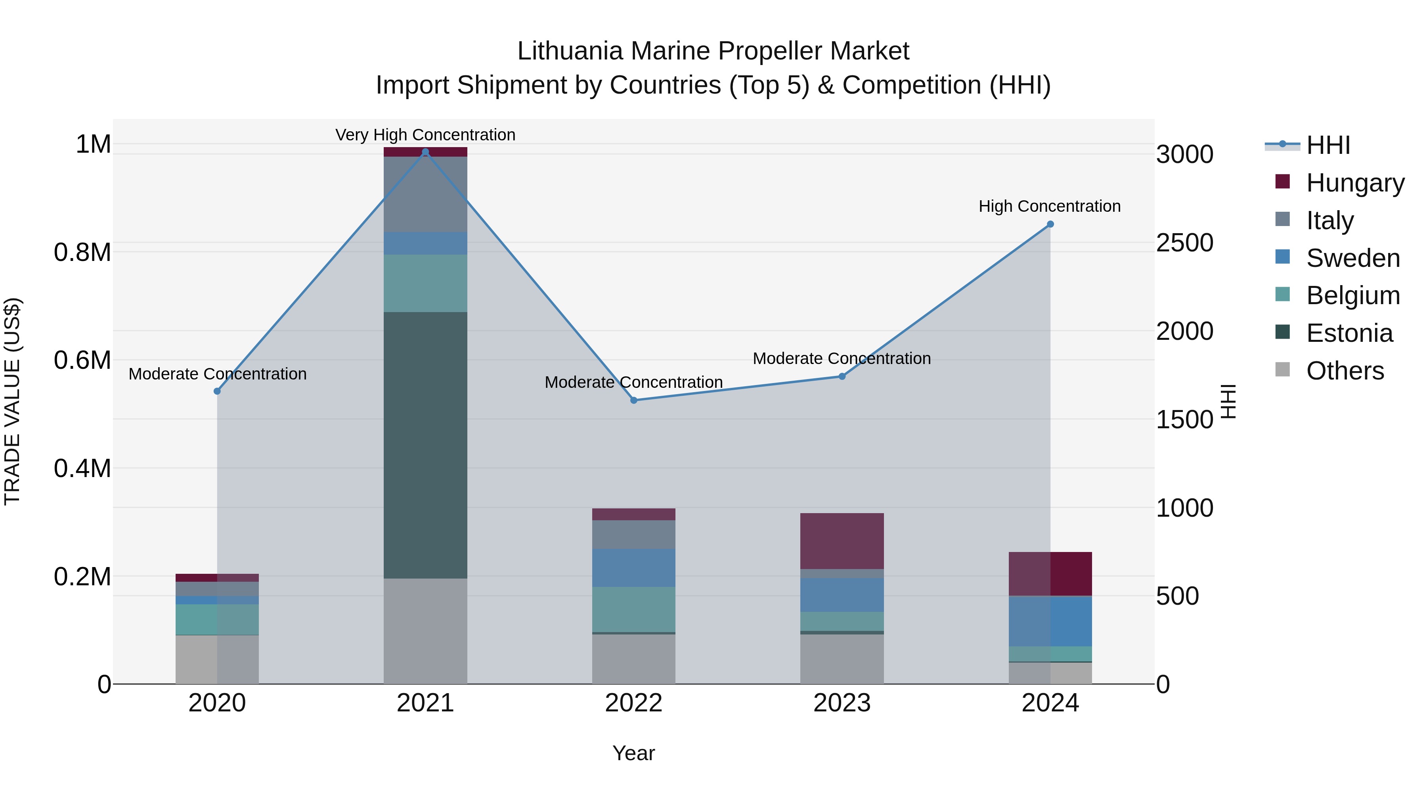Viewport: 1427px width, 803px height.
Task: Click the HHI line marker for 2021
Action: [x=425, y=152]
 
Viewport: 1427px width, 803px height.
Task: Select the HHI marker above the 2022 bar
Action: [x=634, y=400]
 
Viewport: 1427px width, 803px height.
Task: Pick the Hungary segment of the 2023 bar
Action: [x=842, y=541]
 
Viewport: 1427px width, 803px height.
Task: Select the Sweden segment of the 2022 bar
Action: [x=634, y=568]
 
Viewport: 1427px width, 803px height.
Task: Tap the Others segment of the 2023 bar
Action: [x=842, y=659]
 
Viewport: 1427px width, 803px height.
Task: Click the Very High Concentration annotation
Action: [x=425, y=135]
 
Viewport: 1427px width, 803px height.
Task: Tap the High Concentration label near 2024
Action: [x=1049, y=206]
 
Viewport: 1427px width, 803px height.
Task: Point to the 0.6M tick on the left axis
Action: [x=82, y=360]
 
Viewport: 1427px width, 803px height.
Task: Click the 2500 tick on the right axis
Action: [x=1184, y=243]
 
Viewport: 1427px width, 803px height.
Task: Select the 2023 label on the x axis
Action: [x=842, y=703]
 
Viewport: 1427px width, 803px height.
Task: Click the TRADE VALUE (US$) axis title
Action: [x=12, y=401]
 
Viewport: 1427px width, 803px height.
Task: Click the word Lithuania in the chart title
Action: [x=570, y=51]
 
